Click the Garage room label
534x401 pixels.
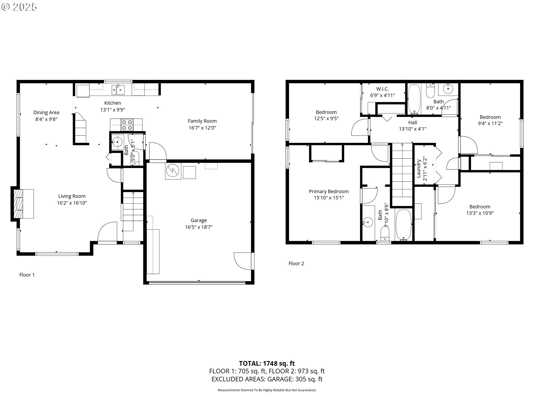coord(199,220)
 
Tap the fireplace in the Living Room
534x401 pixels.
coord(22,204)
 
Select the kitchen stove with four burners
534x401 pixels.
coord(127,125)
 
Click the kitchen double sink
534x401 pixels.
coord(118,89)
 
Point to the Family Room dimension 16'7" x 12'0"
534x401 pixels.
coord(202,128)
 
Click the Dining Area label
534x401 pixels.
coord(46,113)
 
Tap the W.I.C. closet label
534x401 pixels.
coord(382,89)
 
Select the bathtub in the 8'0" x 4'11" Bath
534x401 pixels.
coord(414,99)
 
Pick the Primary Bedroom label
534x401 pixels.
coord(329,192)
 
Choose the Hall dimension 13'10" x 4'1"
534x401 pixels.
coord(412,129)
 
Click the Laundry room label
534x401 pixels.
coord(419,168)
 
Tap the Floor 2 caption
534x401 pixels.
coord(296,263)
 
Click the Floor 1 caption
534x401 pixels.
coord(27,275)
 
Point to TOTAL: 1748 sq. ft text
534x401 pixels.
coord(267,363)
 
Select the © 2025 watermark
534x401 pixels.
coord(19,7)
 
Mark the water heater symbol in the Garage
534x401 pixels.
coord(173,171)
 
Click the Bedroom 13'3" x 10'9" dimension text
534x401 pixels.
coord(480,213)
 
